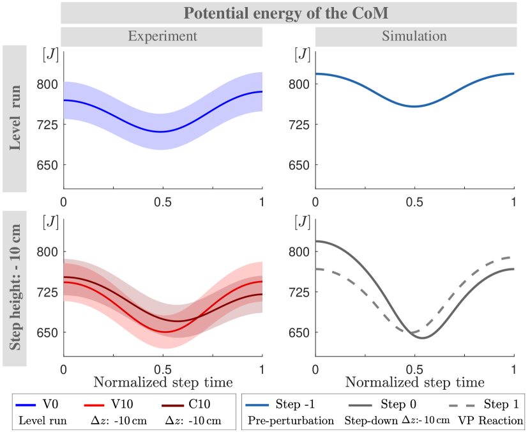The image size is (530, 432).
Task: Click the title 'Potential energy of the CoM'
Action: coord(288,12)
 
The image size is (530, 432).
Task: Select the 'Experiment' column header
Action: coord(162,36)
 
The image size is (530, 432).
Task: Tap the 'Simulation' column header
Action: coord(414,36)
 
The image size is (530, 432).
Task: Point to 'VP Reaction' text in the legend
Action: coord(496,421)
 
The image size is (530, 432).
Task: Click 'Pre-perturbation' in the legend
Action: coord(291,421)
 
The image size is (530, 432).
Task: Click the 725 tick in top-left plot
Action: coord(45,124)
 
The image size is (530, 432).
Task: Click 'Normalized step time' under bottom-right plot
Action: coord(415,382)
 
